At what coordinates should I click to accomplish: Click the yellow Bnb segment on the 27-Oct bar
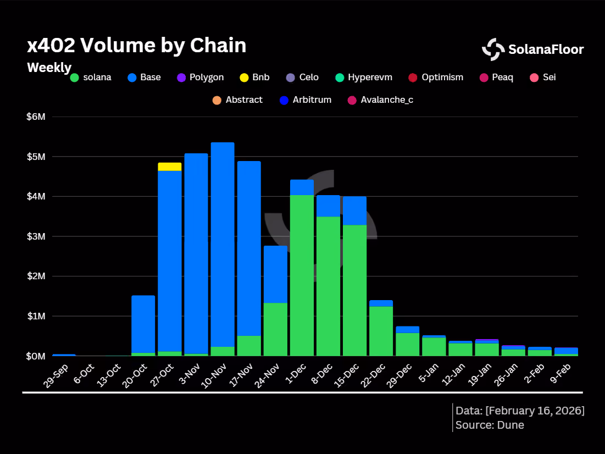(x=170, y=167)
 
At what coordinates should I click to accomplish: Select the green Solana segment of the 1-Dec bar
(x=302, y=276)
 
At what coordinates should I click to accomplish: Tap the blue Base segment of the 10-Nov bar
(x=223, y=245)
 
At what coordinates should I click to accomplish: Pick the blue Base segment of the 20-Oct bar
(x=143, y=324)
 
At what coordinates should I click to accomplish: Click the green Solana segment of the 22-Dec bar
(x=381, y=331)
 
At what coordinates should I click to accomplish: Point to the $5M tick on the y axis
(x=36, y=157)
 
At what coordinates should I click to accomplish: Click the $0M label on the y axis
(x=36, y=356)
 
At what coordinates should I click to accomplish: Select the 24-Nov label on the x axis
(x=267, y=375)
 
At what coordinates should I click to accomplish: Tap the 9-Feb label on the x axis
(x=560, y=373)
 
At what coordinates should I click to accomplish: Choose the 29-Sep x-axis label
(x=55, y=375)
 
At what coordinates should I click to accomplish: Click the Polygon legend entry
(x=200, y=77)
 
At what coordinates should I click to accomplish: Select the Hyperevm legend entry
(x=364, y=77)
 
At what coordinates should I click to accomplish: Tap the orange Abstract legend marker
(x=217, y=101)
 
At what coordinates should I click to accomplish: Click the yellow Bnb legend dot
(x=244, y=77)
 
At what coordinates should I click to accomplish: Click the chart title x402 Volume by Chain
(x=137, y=46)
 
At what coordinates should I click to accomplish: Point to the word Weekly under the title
(x=49, y=68)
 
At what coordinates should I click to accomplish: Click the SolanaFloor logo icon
(x=493, y=49)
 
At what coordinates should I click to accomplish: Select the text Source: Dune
(x=490, y=425)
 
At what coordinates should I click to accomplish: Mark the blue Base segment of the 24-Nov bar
(x=275, y=274)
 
